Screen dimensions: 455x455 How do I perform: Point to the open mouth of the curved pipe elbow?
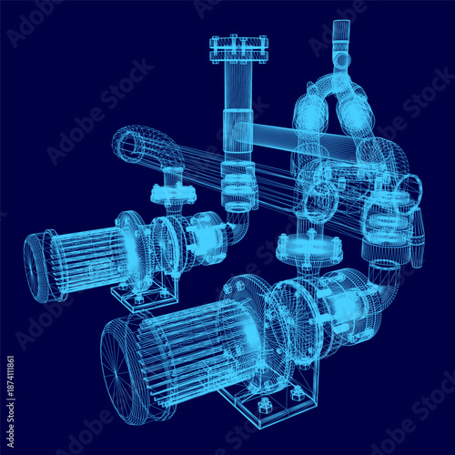click(129, 143)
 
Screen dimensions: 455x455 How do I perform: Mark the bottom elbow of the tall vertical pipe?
click(238, 218)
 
